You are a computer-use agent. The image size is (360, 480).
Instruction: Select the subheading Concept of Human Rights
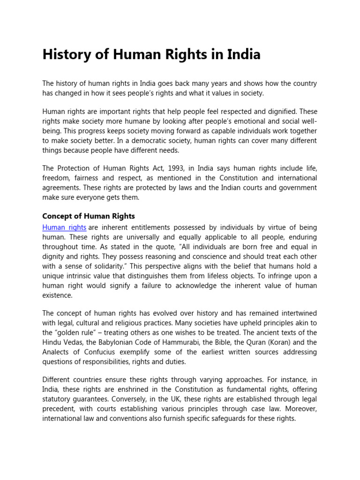pos(89,216)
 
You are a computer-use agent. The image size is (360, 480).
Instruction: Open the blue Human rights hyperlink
pos(64,227)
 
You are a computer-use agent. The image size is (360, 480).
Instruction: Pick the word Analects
pos(57,352)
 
